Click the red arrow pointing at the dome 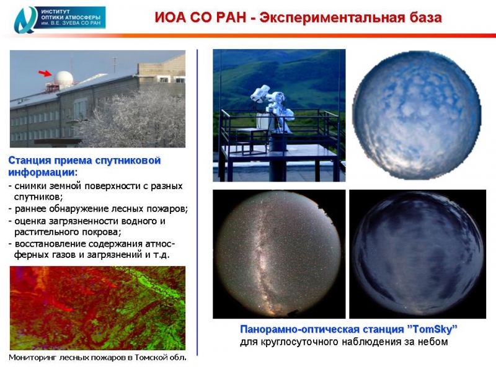click(45, 73)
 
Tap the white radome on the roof click(63, 79)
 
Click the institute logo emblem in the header click(25, 20)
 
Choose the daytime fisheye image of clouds click(417, 115)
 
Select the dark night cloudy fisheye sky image click(417, 254)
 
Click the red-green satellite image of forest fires click(97, 308)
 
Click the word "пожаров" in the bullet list click(167, 209)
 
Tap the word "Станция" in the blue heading click(29, 161)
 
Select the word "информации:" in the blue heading click(43, 173)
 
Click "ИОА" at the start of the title click(170, 17)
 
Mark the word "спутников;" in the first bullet click(38, 197)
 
